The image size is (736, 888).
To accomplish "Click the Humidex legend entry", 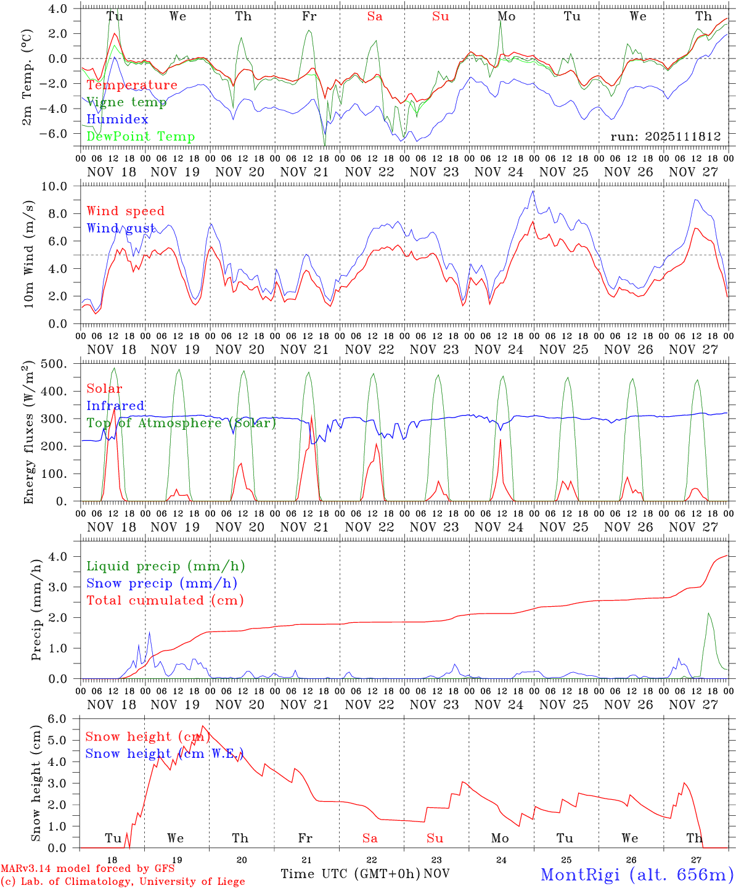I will coord(117,120).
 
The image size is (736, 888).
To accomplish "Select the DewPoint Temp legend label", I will coord(141,137).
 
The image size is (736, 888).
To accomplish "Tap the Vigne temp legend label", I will coord(126,102).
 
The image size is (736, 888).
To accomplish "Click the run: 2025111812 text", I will coord(665,136).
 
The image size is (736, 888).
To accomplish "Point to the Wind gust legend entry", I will coord(121,228).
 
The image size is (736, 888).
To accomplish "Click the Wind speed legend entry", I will coord(125,212).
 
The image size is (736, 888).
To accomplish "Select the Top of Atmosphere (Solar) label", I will coord(181,423).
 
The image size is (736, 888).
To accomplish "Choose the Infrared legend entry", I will coord(115,406).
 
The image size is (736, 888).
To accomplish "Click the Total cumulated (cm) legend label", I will coord(165,600).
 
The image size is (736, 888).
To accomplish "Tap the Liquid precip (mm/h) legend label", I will coord(166,566).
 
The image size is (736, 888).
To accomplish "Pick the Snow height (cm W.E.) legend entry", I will coord(164,754).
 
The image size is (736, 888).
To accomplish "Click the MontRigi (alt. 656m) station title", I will coord(637,874).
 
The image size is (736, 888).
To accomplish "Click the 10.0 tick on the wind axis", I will coord(62,186).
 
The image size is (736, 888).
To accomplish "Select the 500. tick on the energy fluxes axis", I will coord(61,364).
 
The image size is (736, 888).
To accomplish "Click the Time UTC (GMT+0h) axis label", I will coord(351,874).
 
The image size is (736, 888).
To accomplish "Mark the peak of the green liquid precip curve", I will coord(709,613).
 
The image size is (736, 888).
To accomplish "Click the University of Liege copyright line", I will coord(123,882).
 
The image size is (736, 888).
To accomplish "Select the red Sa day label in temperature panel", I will coord(375,17).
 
